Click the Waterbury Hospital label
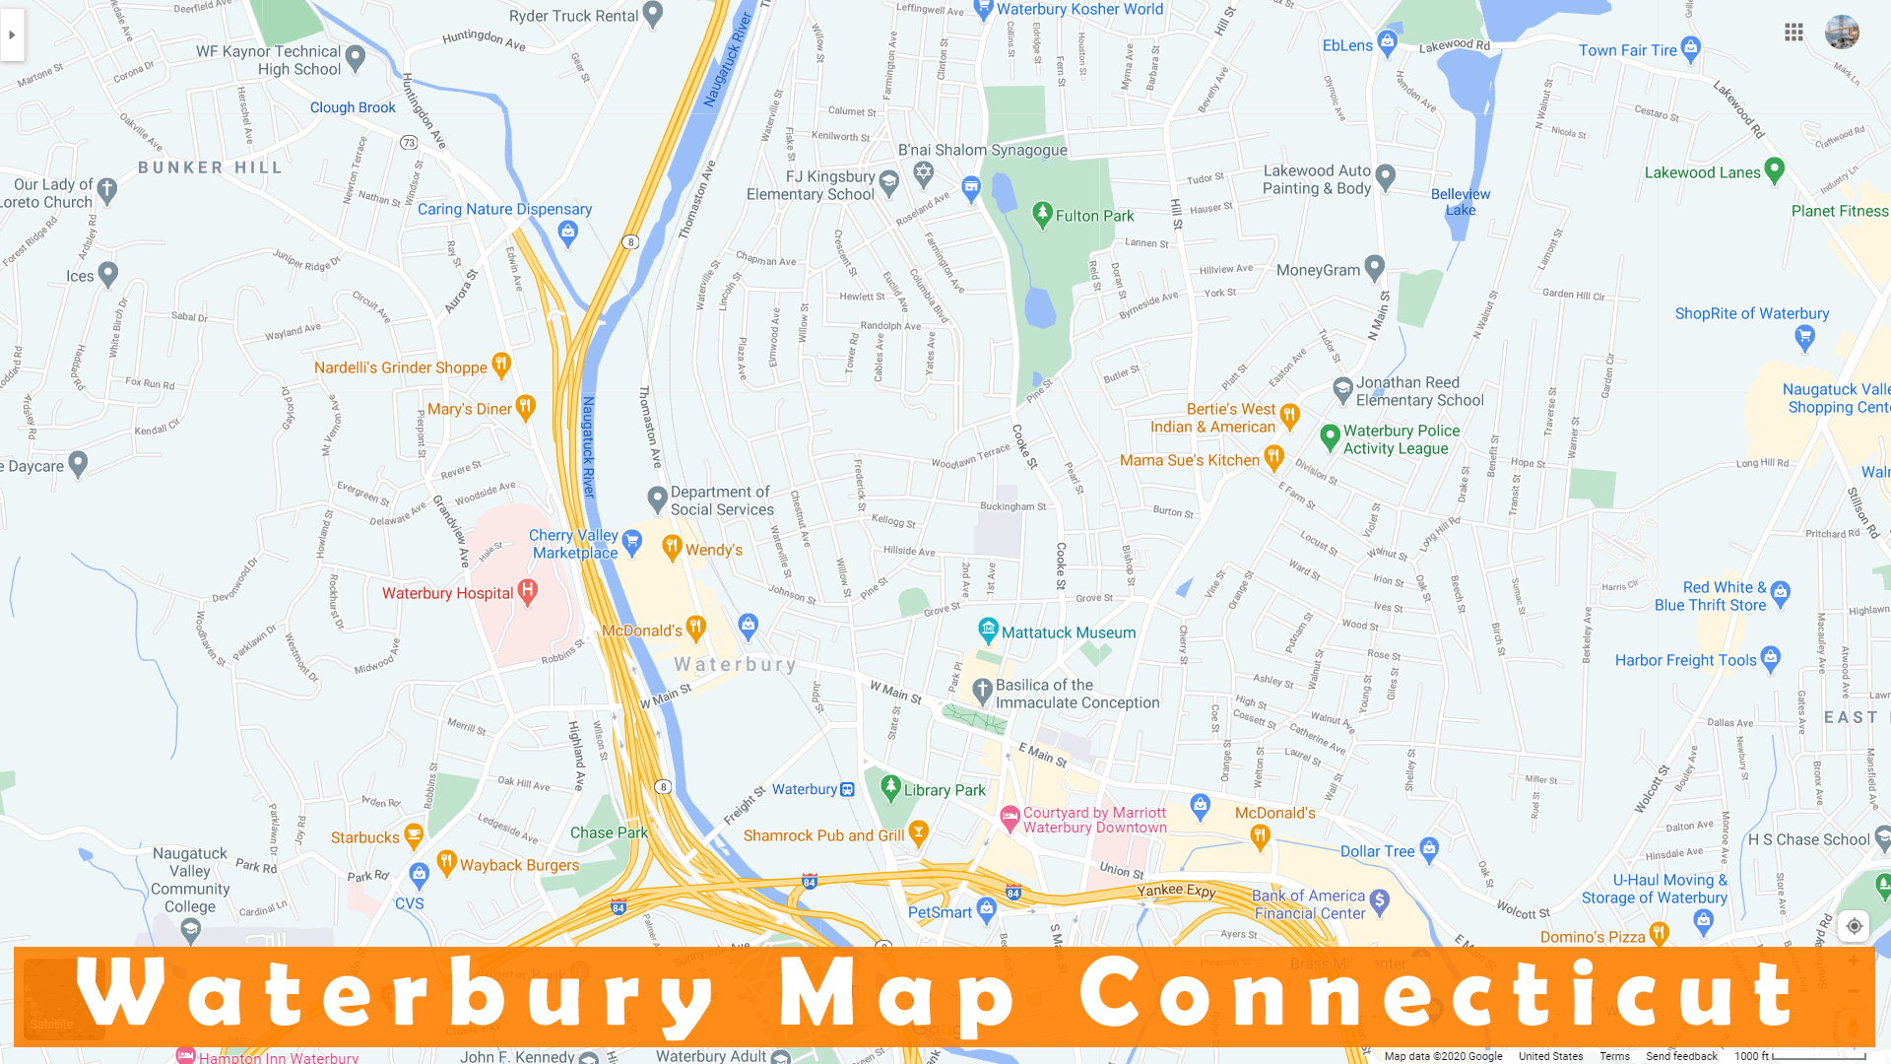[x=447, y=593]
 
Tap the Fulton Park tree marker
[x=1042, y=215]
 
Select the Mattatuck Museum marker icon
[x=988, y=631]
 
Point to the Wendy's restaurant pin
[x=672, y=548]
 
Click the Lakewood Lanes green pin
[x=1774, y=170]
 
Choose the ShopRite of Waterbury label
[x=1751, y=313]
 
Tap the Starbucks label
[x=364, y=837]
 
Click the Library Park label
[x=944, y=790]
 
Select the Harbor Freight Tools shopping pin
[x=1770, y=658]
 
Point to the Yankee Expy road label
[x=1176, y=891]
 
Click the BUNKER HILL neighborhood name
[x=210, y=167]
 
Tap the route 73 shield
[x=409, y=143]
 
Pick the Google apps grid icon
[x=1793, y=33]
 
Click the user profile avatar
[x=1842, y=33]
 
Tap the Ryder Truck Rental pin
[x=653, y=15]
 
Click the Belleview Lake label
[x=1460, y=201]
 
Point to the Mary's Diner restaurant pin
[x=526, y=407]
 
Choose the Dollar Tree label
[x=1377, y=851]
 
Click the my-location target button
[x=1854, y=926]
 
